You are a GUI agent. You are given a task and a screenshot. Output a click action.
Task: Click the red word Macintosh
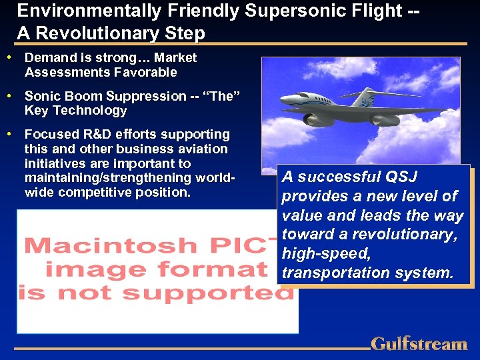93,245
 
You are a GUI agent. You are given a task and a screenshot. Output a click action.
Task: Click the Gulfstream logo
419,344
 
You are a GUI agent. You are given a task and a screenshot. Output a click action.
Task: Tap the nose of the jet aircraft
284,101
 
